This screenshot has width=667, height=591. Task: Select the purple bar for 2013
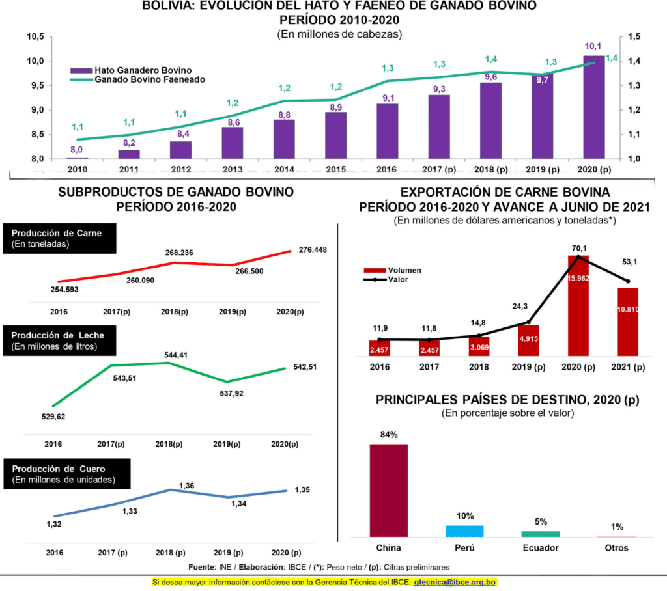tap(232, 143)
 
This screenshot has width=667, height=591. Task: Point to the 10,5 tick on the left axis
tap(35, 36)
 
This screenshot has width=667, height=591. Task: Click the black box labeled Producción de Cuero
tap(66, 474)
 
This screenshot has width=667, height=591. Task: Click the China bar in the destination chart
tap(388, 490)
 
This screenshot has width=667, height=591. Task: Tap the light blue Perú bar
tap(464, 530)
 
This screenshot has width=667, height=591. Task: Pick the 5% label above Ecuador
tap(541, 521)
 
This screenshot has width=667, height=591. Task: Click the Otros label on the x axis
tap(616, 548)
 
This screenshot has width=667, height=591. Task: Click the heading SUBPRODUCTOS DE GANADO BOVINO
tap(176, 192)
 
